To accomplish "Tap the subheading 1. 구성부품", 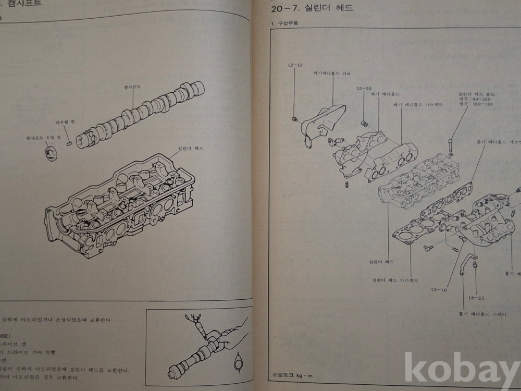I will [x=287, y=24].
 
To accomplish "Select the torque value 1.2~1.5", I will [x=295, y=65].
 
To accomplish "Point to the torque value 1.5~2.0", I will [x=364, y=89].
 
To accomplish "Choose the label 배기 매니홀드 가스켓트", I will [x=418, y=104].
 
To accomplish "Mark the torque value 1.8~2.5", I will [x=476, y=298].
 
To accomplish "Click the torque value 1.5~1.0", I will [x=439, y=290].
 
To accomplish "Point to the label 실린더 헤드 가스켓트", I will [x=395, y=280].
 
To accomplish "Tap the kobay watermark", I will [x=461, y=370].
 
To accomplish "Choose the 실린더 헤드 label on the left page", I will [x=190, y=148].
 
